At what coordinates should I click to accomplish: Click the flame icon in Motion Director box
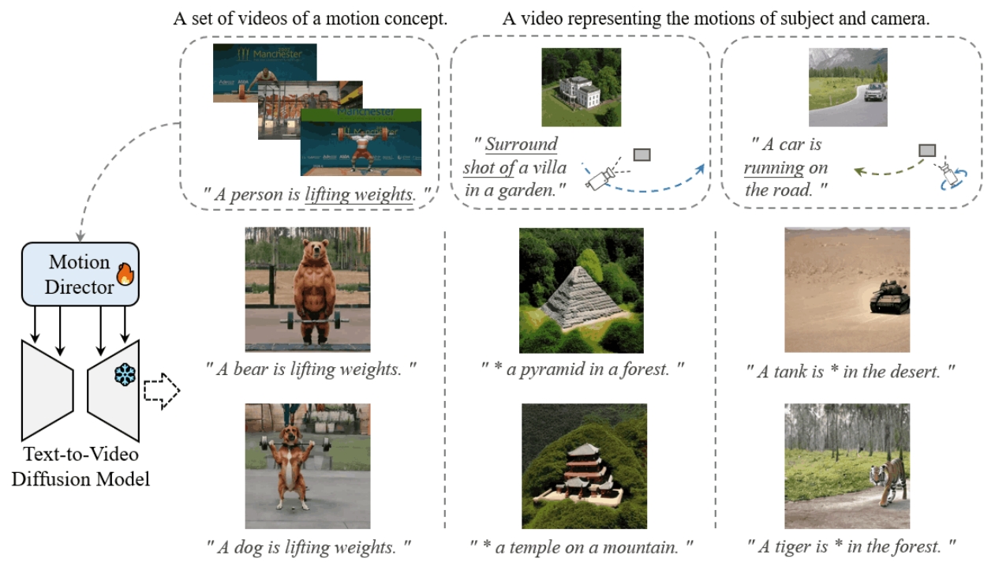coord(125,274)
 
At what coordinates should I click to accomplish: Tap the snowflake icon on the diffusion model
coord(123,375)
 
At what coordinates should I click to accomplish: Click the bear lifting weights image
coord(307,290)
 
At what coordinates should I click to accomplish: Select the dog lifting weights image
coord(307,466)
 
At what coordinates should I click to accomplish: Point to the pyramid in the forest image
coord(581,290)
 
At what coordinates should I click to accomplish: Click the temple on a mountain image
coord(584,466)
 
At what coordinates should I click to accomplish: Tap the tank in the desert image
coord(847,290)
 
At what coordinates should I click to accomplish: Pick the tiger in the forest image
coord(847,466)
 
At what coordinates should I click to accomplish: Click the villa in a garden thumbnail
coord(581,87)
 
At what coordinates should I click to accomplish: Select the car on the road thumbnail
coord(848,87)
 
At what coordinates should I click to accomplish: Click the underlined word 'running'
coord(774,167)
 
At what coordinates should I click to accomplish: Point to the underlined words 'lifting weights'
coord(359,194)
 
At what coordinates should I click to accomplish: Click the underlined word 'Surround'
coord(521,144)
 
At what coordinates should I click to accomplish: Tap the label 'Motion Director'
coord(80,274)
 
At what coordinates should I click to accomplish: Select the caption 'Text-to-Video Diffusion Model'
coord(80,467)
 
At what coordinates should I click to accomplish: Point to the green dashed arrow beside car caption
coord(892,170)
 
